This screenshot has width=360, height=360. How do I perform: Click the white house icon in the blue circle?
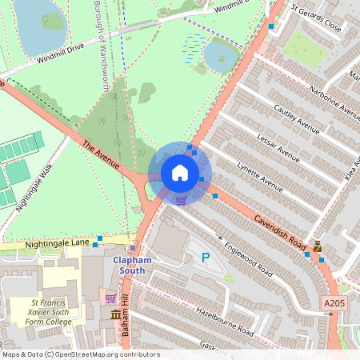[x=180, y=173]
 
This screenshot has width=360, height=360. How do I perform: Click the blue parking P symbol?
[x=206, y=258]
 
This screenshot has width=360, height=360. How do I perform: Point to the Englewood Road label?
[x=248, y=259]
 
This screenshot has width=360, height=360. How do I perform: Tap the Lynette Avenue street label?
[x=261, y=177]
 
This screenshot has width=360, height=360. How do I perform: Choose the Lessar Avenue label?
[x=278, y=148]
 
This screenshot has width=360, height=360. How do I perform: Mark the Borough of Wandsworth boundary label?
[x=101, y=44]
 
